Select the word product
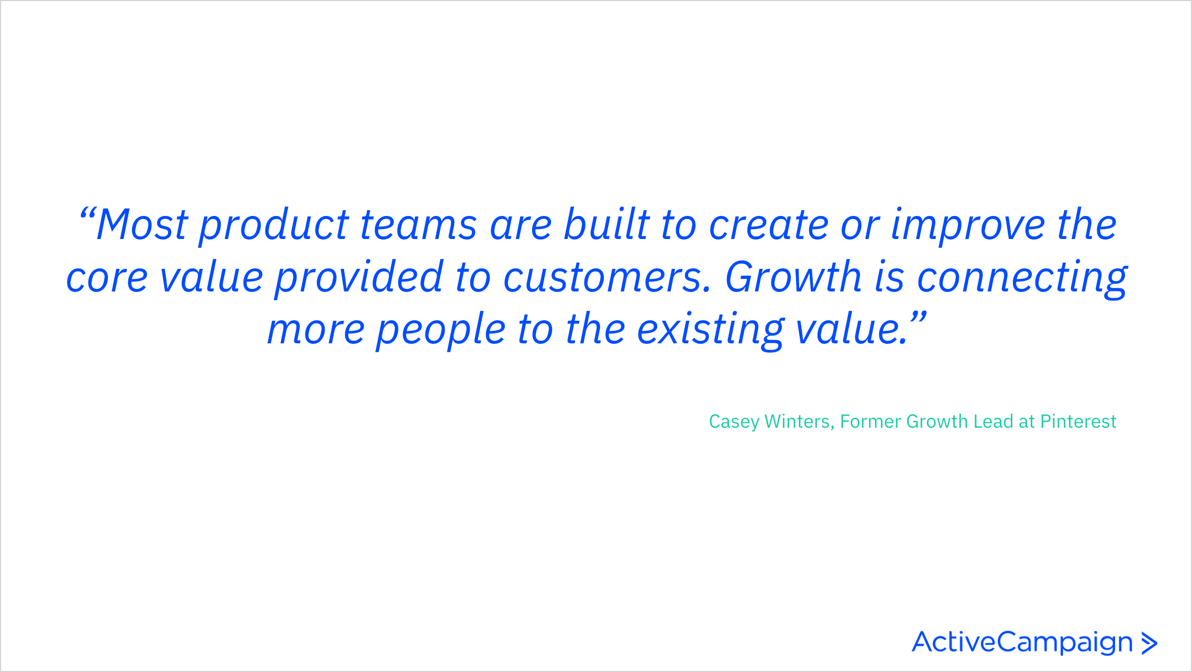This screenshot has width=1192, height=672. pyautogui.click(x=273, y=226)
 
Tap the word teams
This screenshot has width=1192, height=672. pyautogui.click(x=418, y=225)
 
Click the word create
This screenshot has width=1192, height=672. pyautogui.click(x=768, y=225)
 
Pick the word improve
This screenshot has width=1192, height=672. pyautogui.click(x=968, y=227)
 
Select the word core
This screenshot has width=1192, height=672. pyautogui.click(x=107, y=278)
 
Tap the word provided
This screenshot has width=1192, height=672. pyautogui.click(x=359, y=278)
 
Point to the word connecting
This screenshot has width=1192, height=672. pyautogui.click(x=1022, y=279)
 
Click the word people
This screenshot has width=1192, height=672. pyautogui.click(x=440, y=331)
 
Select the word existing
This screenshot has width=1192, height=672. pyautogui.click(x=710, y=331)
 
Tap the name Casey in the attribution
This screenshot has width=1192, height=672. pyautogui.click(x=734, y=422)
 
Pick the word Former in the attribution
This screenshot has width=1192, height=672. pyautogui.click(x=870, y=421)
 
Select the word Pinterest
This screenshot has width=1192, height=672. pyautogui.click(x=1078, y=421)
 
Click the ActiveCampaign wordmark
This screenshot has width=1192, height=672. pyautogui.click(x=1022, y=643)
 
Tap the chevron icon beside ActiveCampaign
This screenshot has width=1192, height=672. pyautogui.click(x=1149, y=644)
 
